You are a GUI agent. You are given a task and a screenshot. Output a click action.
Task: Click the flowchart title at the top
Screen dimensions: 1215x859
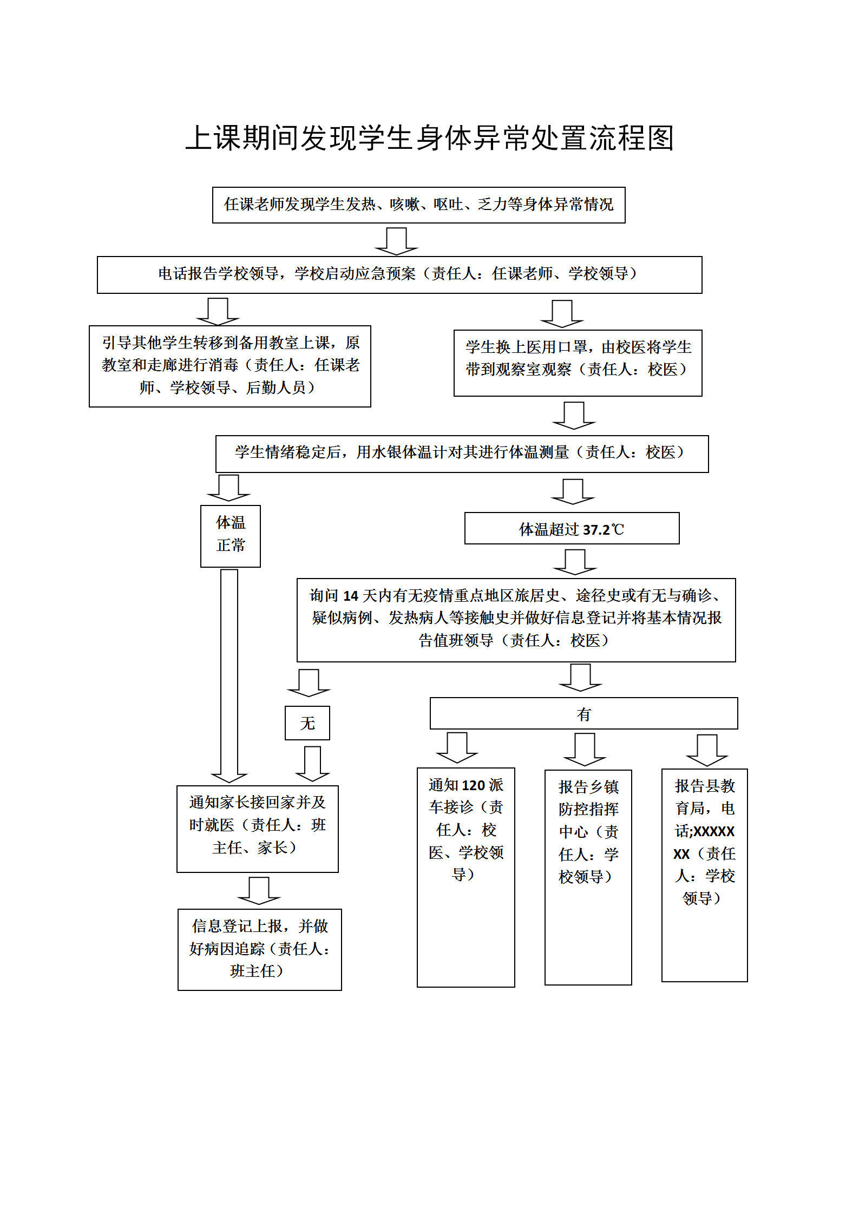point(429,139)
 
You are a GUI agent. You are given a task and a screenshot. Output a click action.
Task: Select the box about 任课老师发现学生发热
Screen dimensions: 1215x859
point(418,205)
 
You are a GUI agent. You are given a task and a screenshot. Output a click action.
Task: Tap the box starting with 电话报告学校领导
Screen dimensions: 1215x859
point(399,274)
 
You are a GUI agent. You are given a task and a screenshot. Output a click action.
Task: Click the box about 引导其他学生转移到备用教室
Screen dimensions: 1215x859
point(229,366)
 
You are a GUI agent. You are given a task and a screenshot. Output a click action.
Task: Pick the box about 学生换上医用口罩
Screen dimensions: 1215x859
point(578,363)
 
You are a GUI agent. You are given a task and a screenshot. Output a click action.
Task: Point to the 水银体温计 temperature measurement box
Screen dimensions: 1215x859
point(461,454)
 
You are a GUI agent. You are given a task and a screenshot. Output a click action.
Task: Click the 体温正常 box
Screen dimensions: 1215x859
point(231,536)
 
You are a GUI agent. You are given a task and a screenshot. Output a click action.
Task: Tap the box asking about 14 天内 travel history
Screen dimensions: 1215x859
point(515,619)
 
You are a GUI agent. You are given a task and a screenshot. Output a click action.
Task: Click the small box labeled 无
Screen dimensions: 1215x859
point(307,723)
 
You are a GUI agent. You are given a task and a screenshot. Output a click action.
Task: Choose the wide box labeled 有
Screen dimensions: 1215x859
point(583,713)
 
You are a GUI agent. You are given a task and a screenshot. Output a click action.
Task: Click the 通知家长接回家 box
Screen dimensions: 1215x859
point(257,828)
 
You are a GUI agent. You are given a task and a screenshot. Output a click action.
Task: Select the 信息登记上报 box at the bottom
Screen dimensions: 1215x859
point(259,949)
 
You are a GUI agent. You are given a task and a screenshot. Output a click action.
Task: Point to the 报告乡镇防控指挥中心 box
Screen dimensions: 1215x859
point(588,877)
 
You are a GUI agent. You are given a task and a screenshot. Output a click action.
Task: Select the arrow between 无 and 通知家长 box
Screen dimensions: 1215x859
point(312,763)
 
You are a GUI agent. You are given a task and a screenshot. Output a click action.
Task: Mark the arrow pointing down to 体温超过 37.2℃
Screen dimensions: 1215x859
point(573,491)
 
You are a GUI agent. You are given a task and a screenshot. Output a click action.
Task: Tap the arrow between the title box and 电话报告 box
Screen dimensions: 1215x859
point(396,241)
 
